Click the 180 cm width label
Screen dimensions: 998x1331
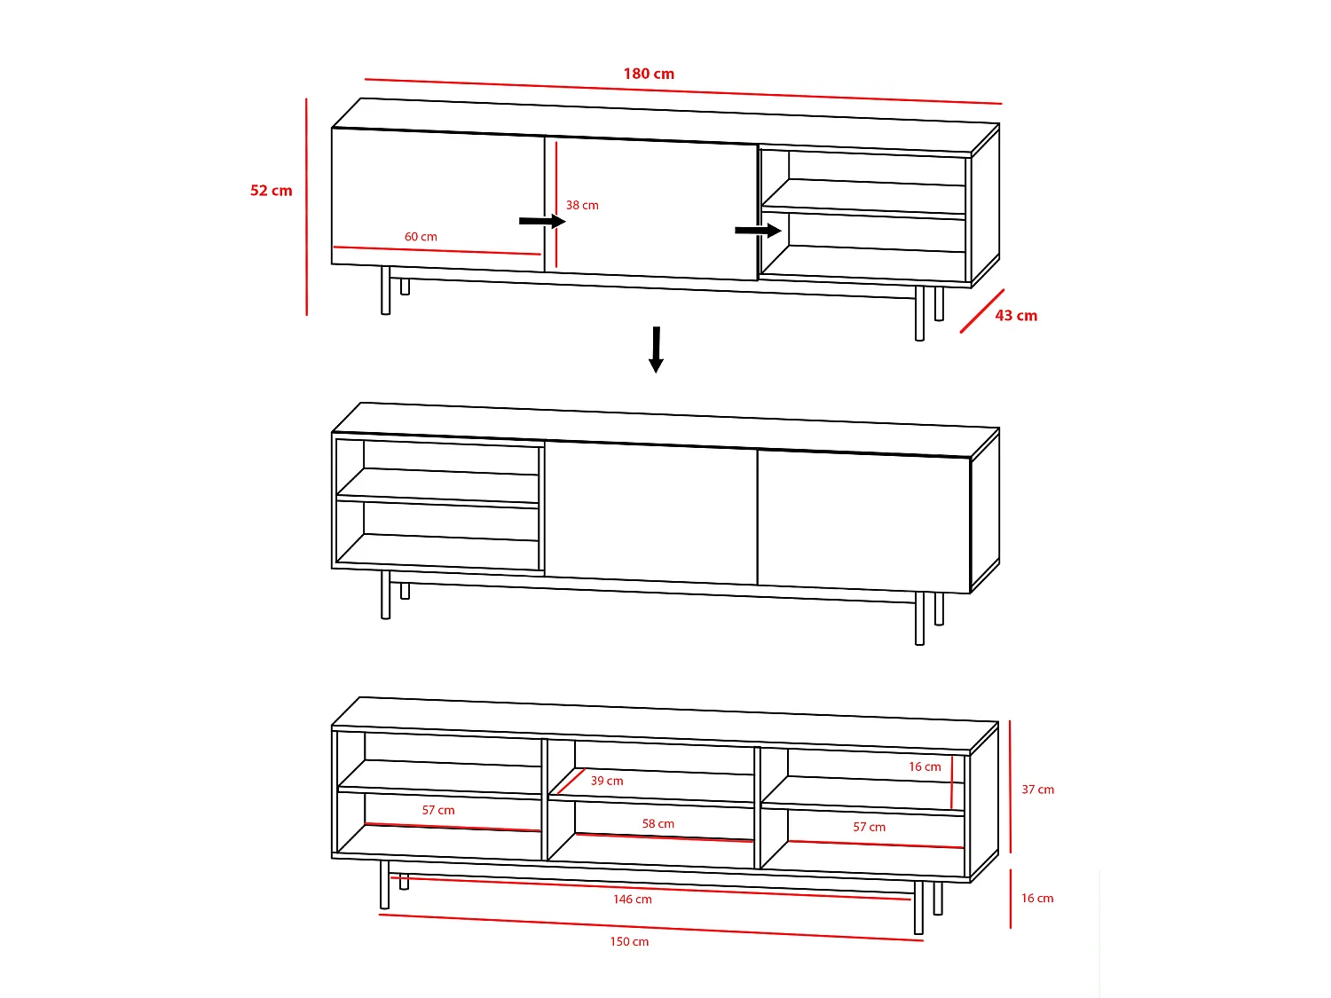click(649, 74)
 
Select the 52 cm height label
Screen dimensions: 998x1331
click(271, 191)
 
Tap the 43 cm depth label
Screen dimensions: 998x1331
click(1016, 316)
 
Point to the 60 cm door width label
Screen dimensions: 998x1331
click(421, 237)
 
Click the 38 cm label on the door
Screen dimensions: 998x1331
click(582, 205)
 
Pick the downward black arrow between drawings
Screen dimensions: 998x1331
click(656, 350)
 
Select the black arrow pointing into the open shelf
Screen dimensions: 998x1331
click(758, 231)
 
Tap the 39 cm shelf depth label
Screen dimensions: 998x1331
click(607, 781)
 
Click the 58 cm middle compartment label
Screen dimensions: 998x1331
click(658, 823)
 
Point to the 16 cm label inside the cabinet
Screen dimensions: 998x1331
click(925, 766)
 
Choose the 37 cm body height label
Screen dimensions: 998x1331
click(1037, 790)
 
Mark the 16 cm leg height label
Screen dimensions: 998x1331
click(1037, 898)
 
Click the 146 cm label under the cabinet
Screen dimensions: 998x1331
click(632, 900)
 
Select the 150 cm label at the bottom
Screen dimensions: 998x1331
click(629, 942)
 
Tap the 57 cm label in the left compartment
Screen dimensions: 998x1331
click(438, 810)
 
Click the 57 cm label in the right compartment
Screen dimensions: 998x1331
click(869, 827)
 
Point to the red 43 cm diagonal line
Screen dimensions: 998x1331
click(982, 310)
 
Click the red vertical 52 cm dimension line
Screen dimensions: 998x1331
click(306, 206)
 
